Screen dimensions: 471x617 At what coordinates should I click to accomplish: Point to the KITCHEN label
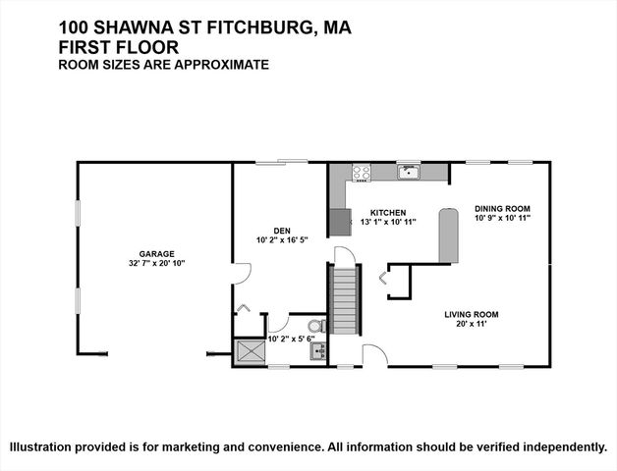click(x=389, y=212)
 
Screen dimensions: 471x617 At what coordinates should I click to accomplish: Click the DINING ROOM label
click(x=502, y=208)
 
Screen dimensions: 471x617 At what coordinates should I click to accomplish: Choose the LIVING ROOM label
click(x=472, y=314)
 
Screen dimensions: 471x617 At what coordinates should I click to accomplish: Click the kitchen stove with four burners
click(x=361, y=173)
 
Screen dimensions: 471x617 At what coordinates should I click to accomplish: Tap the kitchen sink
click(x=409, y=174)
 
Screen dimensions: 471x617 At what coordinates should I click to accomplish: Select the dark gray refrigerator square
click(x=340, y=222)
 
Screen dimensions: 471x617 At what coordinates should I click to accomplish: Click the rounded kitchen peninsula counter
click(x=448, y=235)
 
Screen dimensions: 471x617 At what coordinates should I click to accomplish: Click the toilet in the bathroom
click(x=315, y=326)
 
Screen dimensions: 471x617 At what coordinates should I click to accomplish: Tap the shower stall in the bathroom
click(x=251, y=351)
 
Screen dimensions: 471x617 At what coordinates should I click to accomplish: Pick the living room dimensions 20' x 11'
click(x=472, y=324)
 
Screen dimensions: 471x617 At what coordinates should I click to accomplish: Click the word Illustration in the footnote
click(x=41, y=446)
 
